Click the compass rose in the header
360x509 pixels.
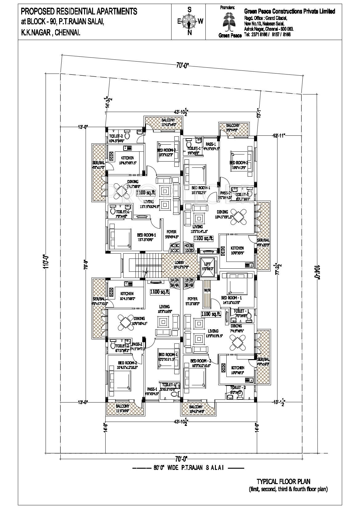(x=189, y=21)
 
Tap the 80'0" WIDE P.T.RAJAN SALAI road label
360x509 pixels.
(x=188, y=468)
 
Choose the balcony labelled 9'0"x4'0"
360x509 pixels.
(x=233, y=127)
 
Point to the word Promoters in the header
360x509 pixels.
(x=228, y=7)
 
